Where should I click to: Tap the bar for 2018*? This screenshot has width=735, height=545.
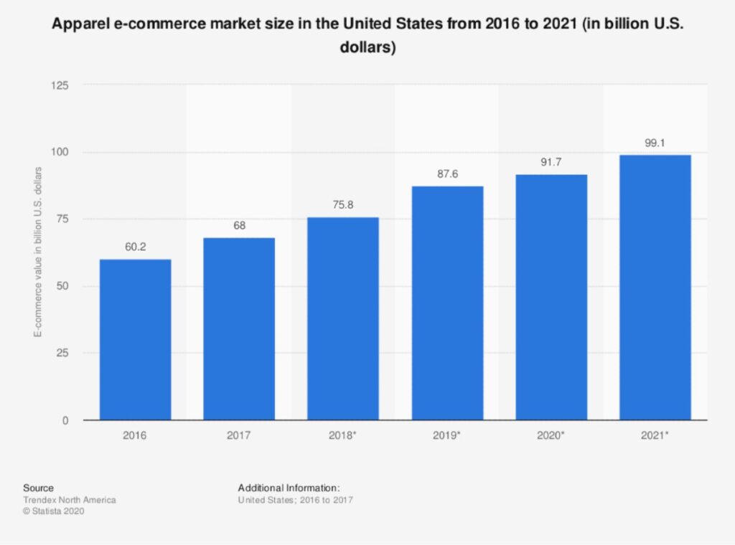[342, 318]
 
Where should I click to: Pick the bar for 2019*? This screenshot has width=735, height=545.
[447, 303]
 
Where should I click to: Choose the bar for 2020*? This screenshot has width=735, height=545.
[551, 297]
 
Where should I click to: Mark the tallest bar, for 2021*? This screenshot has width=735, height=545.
[655, 287]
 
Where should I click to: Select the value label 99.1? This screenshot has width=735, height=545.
[655, 143]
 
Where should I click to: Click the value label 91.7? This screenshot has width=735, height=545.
[551, 163]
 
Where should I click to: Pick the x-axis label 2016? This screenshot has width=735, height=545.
[135, 435]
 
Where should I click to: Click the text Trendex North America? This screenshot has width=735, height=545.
[69, 499]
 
